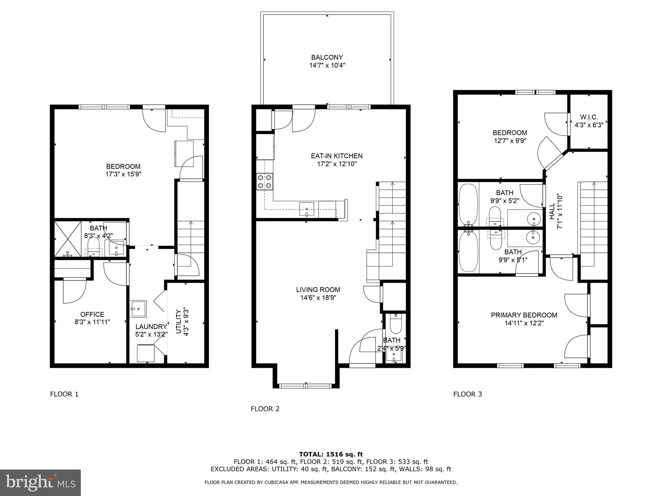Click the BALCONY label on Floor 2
pyautogui.click(x=327, y=57)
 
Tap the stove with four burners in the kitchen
pyautogui.click(x=264, y=181)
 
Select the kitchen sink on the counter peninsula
pyautogui.click(x=306, y=209)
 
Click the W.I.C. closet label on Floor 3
pyautogui.click(x=589, y=117)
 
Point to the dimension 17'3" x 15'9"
pyautogui.click(x=123, y=174)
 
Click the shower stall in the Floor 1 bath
pyautogui.click(x=68, y=239)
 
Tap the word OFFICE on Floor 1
pyautogui.click(x=92, y=314)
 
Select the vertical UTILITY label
pyautogui.click(x=178, y=322)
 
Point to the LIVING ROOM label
pyautogui.click(x=318, y=290)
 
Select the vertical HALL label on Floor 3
pyautogui.click(x=552, y=211)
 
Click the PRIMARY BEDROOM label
pyautogui.click(x=524, y=315)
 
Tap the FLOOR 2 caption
pyautogui.click(x=265, y=409)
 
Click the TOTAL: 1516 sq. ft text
pyautogui.click(x=331, y=454)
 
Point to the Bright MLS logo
pyautogui.click(x=40, y=482)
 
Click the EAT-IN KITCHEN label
pyautogui.click(x=336, y=156)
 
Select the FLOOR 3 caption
pyautogui.click(x=467, y=394)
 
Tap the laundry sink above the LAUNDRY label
pyautogui.click(x=138, y=308)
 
